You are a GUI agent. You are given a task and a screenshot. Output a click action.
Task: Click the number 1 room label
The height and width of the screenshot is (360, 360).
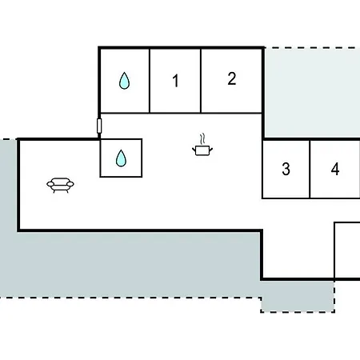(175, 81)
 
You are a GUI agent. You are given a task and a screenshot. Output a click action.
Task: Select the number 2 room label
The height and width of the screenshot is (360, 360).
(232, 78)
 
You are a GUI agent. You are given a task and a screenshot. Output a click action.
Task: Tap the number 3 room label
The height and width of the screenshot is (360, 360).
(286, 169)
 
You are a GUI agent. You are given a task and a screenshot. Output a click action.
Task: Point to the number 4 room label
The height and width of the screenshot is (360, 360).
(335, 169)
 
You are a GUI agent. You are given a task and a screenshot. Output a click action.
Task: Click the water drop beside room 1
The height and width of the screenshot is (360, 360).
(124, 81)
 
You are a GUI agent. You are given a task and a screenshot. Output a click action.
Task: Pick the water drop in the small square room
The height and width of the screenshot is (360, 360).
(121, 158)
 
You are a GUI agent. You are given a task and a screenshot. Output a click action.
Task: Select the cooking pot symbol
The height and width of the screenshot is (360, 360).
(202, 150)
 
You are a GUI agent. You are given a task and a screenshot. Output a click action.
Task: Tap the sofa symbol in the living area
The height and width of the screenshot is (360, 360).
(60, 185)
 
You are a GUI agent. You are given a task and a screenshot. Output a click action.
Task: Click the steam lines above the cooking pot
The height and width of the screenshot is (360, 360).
(203, 139)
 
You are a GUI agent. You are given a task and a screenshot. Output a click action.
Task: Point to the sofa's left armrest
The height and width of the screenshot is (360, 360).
(50, 184)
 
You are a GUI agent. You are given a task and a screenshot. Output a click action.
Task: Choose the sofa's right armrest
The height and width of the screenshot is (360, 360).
(70, 184)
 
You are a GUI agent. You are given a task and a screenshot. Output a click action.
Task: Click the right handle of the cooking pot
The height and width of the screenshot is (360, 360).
(210, 150)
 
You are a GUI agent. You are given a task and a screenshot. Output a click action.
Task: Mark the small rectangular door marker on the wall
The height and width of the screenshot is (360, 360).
(99, 126)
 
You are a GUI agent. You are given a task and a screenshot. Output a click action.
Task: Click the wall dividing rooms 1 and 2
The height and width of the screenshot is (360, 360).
(201, 81)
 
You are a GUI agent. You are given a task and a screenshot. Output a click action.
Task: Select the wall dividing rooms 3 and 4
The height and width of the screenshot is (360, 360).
(310, 169)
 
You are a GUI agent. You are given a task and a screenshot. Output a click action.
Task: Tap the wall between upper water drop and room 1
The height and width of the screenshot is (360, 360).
(150, 81)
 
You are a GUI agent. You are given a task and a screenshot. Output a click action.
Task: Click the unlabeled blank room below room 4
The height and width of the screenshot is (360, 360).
(347, 250)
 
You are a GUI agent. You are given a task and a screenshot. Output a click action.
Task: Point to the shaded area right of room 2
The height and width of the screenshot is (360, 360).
(312, 93)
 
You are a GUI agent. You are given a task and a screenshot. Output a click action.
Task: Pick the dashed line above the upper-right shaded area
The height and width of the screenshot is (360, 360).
(312, 48)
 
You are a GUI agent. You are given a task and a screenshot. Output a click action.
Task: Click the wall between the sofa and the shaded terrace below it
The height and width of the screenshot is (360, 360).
(140, 230)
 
